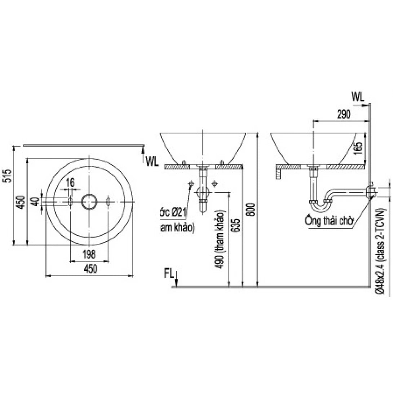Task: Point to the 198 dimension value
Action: pos(89,254)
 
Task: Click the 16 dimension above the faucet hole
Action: pos(70,183)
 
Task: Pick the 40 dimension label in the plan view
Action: pos(36,201)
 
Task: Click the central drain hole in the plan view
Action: pos(89,202)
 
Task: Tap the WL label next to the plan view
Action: pos(152,162)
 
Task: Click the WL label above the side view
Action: pos(358,97)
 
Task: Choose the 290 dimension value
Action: pos(344,115)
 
